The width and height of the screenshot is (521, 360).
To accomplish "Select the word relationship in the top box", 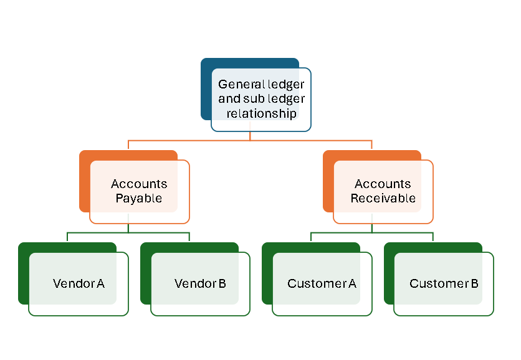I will coord(261,113).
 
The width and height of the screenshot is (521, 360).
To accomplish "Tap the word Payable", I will coord(139,199).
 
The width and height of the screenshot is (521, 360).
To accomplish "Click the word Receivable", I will coord(383,199).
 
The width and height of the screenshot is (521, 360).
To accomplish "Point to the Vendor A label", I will coord(79,284).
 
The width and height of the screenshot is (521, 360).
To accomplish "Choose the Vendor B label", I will coord(200,284).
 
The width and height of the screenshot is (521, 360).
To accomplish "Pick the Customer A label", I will coord(322,284).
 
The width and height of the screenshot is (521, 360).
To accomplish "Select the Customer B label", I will coord(444,284).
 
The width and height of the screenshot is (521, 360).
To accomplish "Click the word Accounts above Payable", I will coord(139,184).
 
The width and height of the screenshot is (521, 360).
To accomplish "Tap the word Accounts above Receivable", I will coord(383,184).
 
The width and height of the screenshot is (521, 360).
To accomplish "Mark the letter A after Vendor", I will coord(100,284).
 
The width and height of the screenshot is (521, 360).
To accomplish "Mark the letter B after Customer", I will coord(474,284).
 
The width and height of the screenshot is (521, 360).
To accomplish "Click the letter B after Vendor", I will coord(222,284).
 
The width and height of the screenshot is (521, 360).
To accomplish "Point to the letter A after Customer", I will coord(352,284).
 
